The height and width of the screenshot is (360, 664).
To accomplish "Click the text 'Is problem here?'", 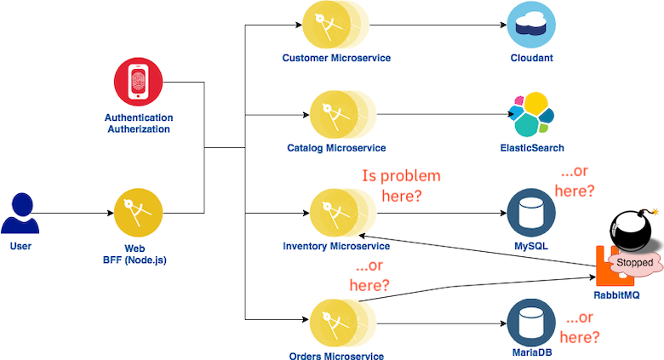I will click(401, 186).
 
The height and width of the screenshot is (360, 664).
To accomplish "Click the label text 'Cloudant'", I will click(531, 59).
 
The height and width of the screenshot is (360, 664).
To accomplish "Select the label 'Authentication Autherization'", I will click(138, 123).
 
